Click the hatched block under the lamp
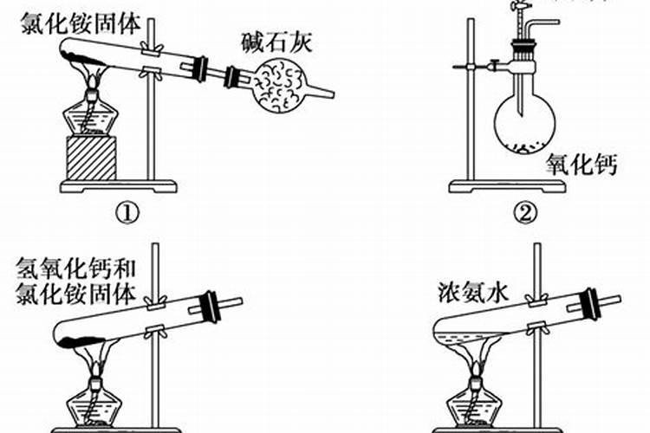click(x=91, y=158)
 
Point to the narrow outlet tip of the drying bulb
click(x=322, y=93)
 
